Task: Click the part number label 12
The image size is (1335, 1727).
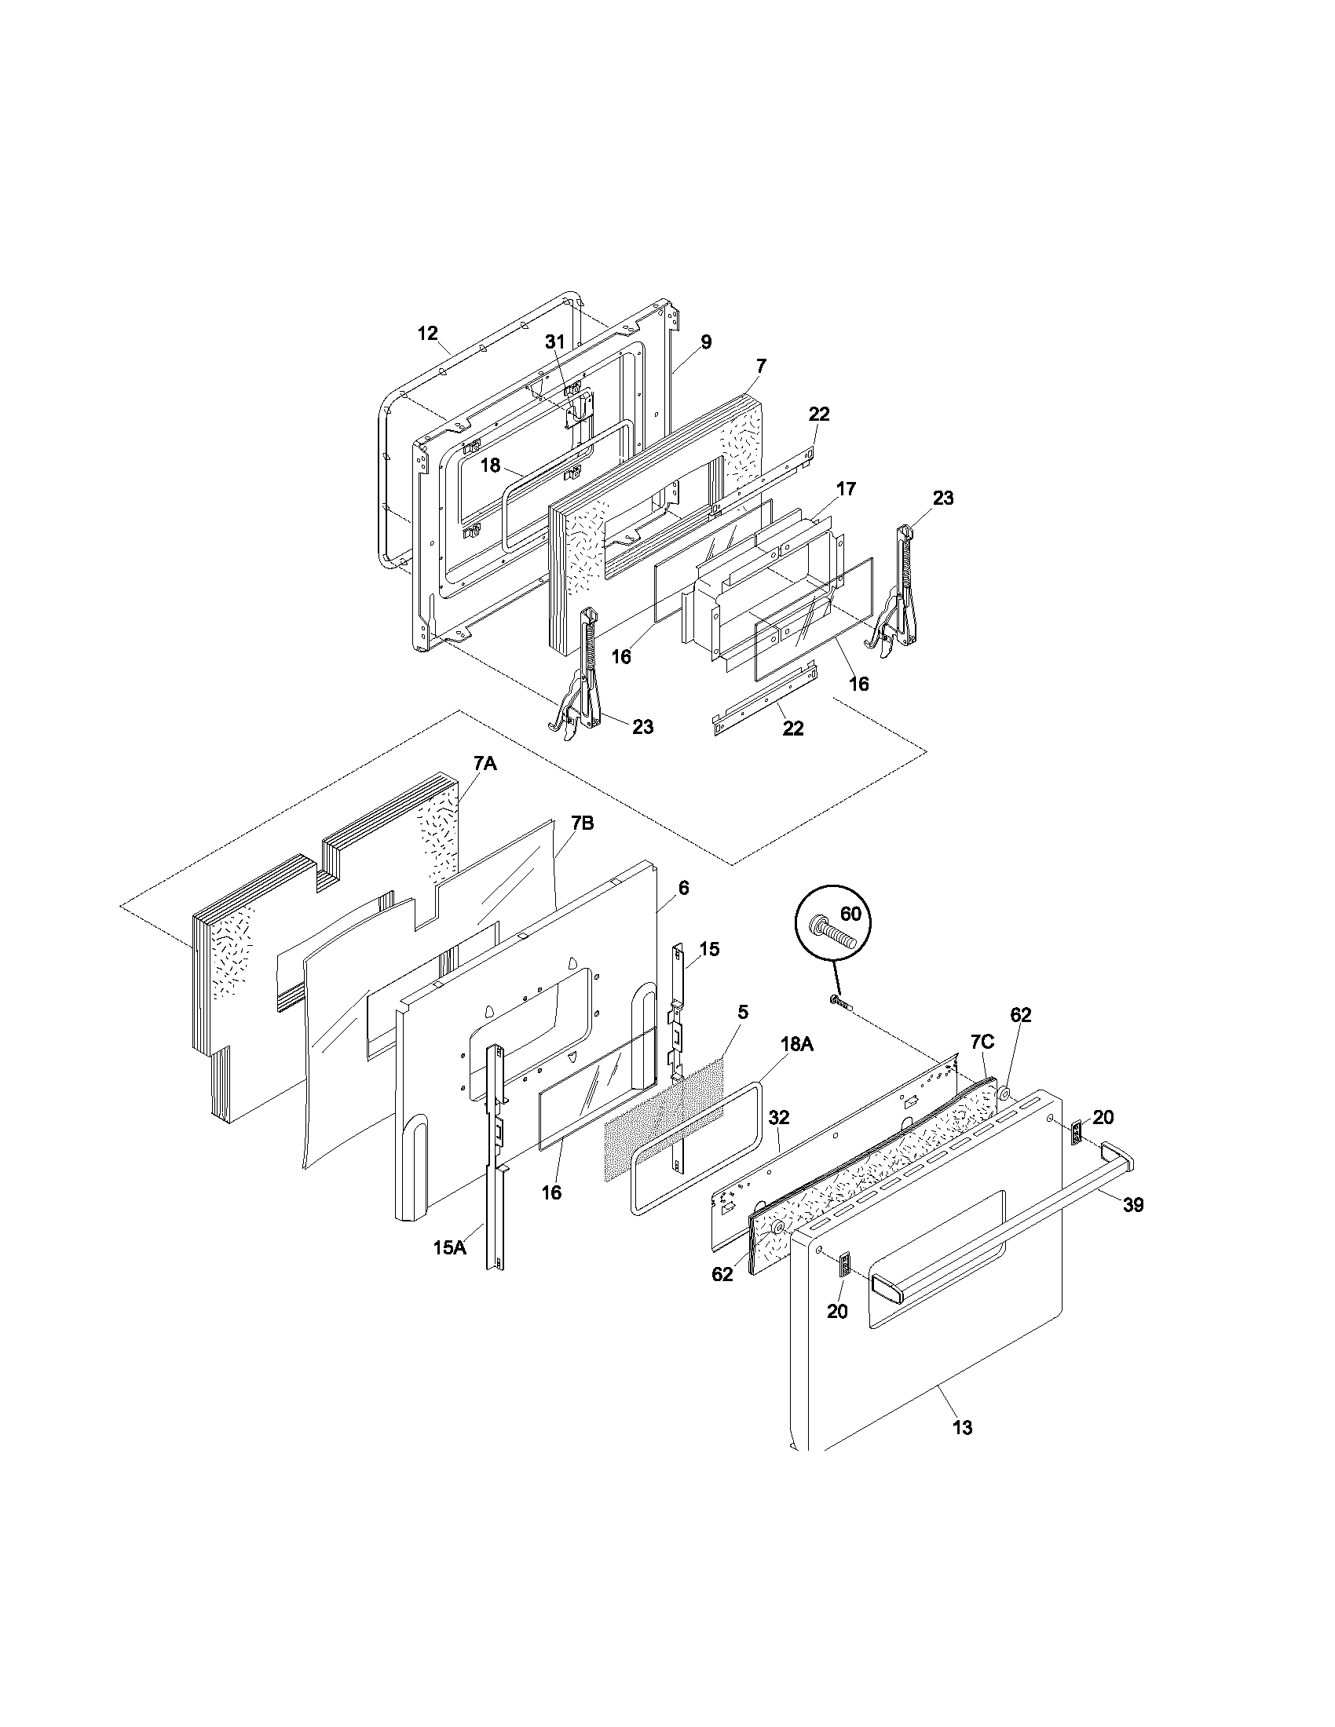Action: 427,333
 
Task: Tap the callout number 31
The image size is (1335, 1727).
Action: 556,341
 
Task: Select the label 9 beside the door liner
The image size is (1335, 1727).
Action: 705,341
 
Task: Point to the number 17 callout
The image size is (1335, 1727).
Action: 846,489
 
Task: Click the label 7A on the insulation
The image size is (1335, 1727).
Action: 485,763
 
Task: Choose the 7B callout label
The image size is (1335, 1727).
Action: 582,823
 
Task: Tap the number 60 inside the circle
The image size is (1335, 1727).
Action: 850,914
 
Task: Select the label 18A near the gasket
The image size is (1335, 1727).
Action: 796,1045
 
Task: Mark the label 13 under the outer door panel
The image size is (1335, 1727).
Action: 963,1427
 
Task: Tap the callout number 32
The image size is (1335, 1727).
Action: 779,1117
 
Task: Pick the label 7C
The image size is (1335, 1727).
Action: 982,1042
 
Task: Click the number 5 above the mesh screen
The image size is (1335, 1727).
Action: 743,1012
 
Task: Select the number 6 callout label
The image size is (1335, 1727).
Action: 683,888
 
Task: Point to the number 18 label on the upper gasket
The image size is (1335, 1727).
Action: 490,465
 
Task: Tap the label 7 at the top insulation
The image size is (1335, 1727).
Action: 761,365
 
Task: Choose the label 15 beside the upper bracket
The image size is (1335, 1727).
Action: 709,949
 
